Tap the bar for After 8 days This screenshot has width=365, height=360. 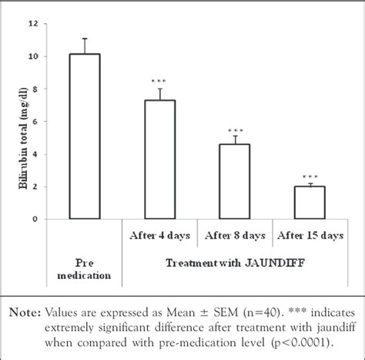(x=234, y=181)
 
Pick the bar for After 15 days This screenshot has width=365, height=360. (x=309, y=202)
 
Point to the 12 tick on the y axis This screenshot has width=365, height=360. (x=32, y=24)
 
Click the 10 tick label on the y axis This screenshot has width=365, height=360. (x=32, y=56)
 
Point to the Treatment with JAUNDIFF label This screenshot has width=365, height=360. (x=233, y=262)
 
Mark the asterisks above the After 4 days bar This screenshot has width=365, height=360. (x=159, y=81)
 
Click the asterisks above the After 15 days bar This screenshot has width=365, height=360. (x=309, y=177)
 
